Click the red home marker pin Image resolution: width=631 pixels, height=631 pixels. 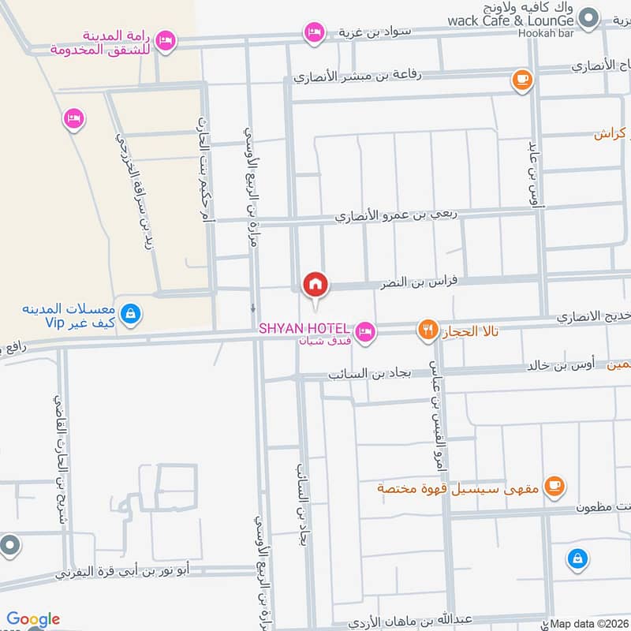(315, 283)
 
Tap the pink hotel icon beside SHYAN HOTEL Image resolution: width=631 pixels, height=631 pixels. (364, 332)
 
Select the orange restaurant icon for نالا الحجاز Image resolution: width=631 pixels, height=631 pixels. (428, 330)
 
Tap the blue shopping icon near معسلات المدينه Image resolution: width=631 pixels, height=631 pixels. (131, 315)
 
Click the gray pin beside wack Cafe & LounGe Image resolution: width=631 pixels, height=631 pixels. (587, 16)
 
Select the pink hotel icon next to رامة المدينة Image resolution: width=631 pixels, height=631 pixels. (166, 40)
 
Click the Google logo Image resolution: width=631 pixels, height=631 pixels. (32, 619)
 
